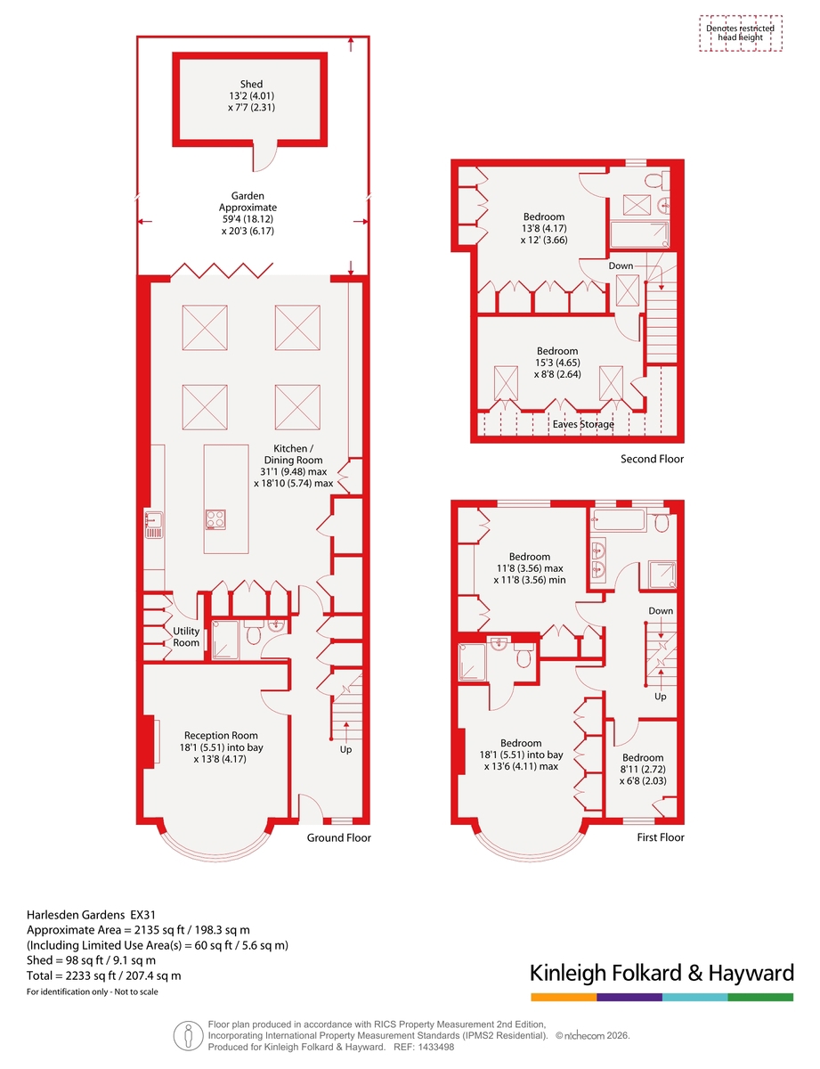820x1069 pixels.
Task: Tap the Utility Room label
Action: [x=185, y=636]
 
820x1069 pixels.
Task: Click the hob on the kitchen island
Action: [x=215, y=519]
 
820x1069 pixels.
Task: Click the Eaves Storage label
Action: [x=583, y=424]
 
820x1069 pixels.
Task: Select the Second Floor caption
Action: [x=652, y=459]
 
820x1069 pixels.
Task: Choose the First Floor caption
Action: [x=661, y=836]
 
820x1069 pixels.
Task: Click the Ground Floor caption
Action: [x=338, y=837]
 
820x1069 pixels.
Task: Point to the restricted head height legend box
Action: [x=740, y=34]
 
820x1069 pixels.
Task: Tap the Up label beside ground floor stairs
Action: [x=345, y=750]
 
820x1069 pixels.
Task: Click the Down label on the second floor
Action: [x=621, y=265]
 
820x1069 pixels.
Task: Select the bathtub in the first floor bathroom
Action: [x=618, y=520]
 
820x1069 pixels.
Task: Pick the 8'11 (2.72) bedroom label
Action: [x=643, y=769]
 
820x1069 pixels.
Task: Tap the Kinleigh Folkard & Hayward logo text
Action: [x=662, y=973]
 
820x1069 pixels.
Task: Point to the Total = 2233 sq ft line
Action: [x=104, y=975]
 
